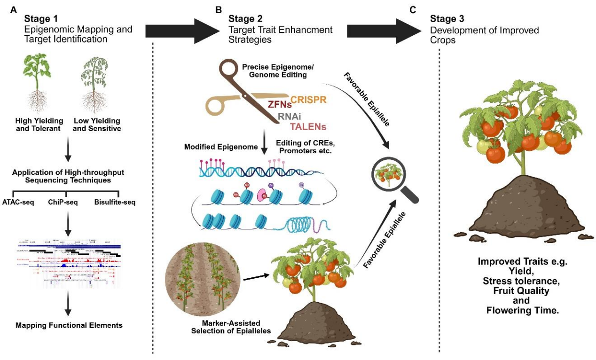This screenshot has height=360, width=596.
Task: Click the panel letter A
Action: [14, 8]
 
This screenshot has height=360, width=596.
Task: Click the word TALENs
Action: [308, 126]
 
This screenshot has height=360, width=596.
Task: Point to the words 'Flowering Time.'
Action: [525, 310]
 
